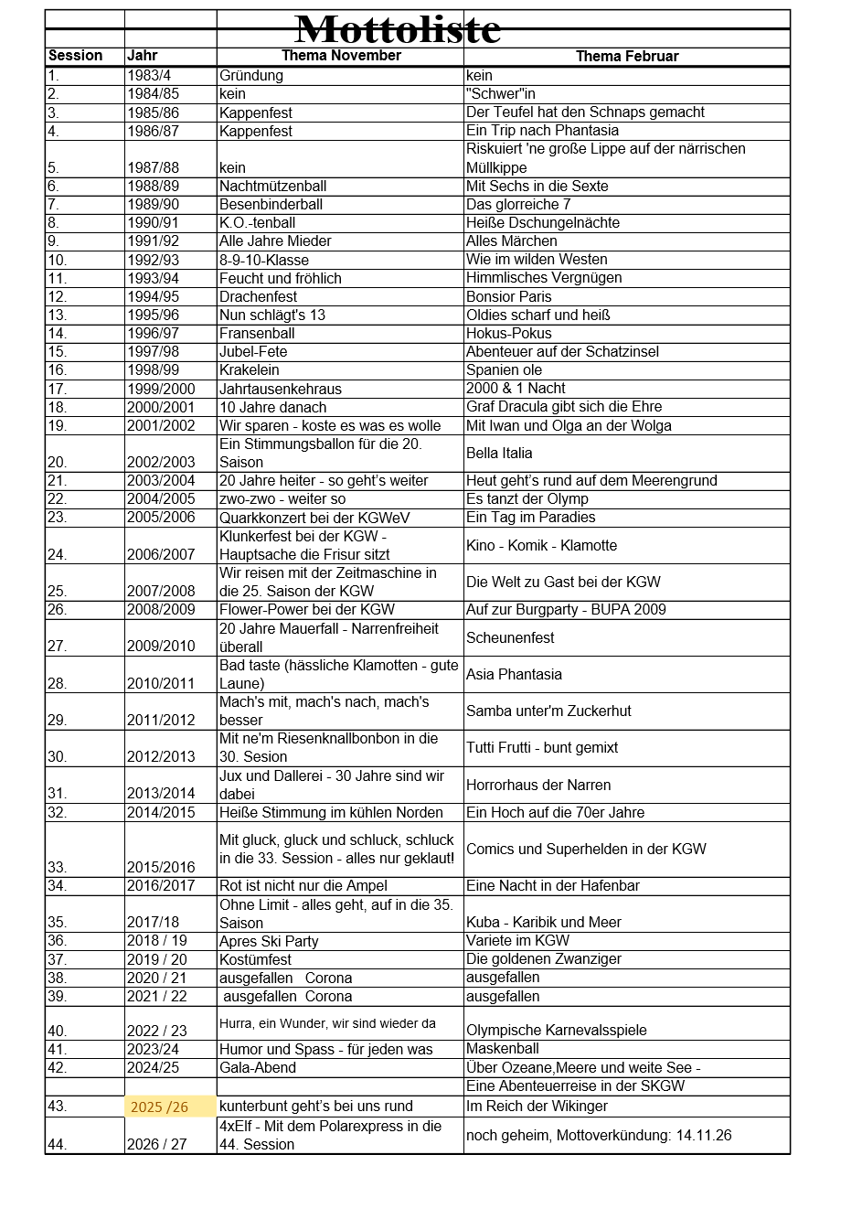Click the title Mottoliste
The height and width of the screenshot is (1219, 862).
click(399, 29)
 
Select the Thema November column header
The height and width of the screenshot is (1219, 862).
click(341, 56)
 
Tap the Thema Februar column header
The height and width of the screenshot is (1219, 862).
click(626, 57)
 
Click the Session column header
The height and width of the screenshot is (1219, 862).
click(75, 56)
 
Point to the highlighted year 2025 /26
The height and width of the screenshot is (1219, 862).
click(159, 1107)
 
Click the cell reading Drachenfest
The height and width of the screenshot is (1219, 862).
click(258, 296)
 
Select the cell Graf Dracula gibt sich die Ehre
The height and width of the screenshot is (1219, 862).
click(563, 406)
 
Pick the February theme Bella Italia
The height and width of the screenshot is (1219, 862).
click(499, 453)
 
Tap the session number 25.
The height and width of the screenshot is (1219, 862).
click(57, 591)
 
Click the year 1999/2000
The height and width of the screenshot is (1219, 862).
click(161, 389)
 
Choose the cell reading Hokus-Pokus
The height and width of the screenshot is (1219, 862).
click(508, 333)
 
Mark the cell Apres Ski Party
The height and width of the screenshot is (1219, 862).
click(269, 941)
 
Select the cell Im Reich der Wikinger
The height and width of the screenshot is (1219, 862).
click(537, 1107)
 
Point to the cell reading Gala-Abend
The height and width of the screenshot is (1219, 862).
click(258, 1068)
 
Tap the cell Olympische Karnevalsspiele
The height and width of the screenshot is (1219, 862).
click(556, 1031)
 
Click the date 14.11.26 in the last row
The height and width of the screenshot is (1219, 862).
click(704, 1135)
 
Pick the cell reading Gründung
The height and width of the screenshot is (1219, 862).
click(250, 76)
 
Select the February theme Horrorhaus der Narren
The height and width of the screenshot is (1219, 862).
click(538, 785)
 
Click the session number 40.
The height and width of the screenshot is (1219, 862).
click(57, 1031)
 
